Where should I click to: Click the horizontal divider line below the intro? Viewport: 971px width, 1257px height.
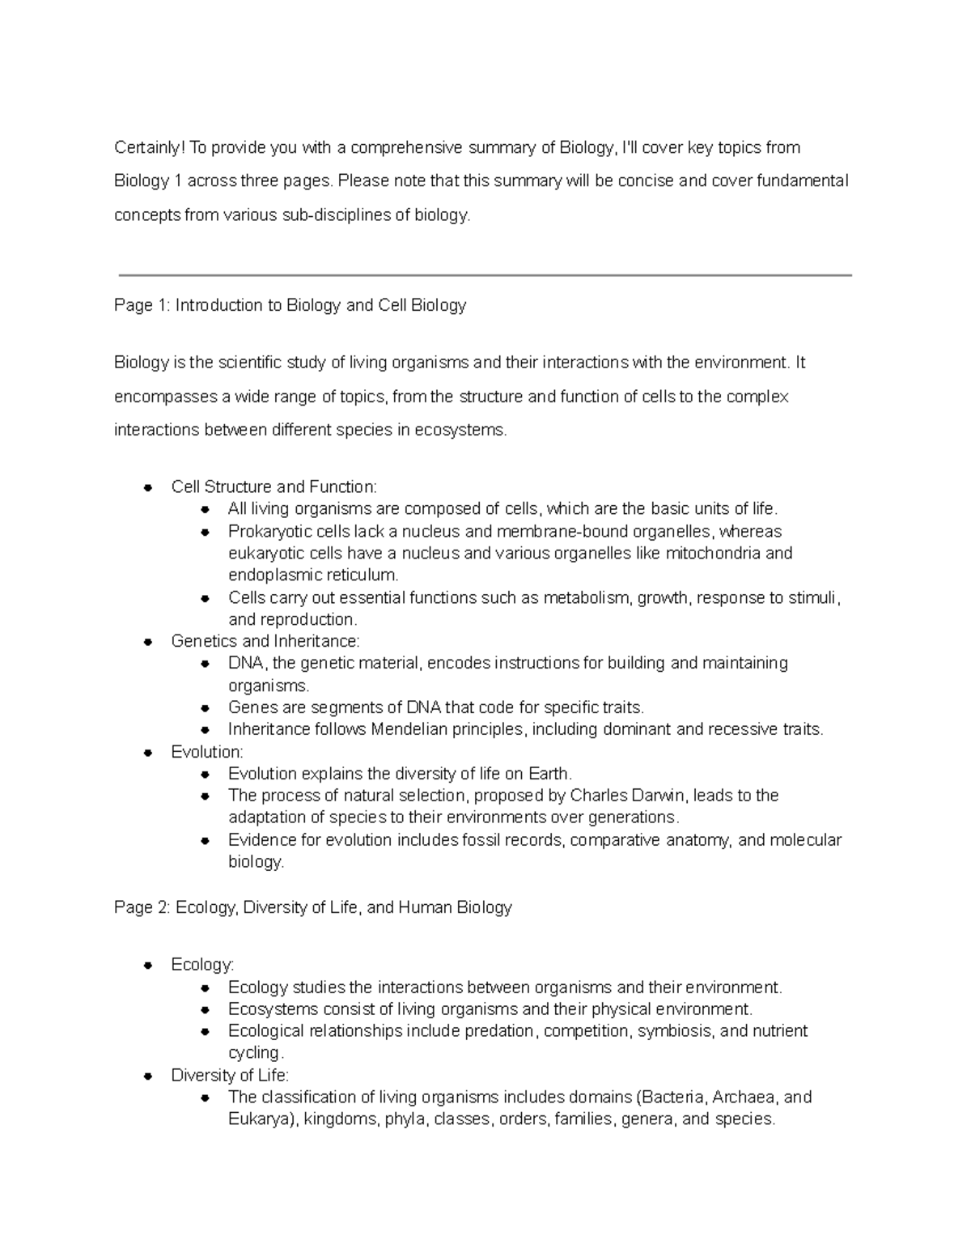(485, 275)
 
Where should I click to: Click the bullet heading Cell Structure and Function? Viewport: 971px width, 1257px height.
(273, 486)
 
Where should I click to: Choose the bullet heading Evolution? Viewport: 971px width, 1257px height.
(207, 752)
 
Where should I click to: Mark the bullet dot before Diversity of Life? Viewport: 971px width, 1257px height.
(148, 1077)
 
